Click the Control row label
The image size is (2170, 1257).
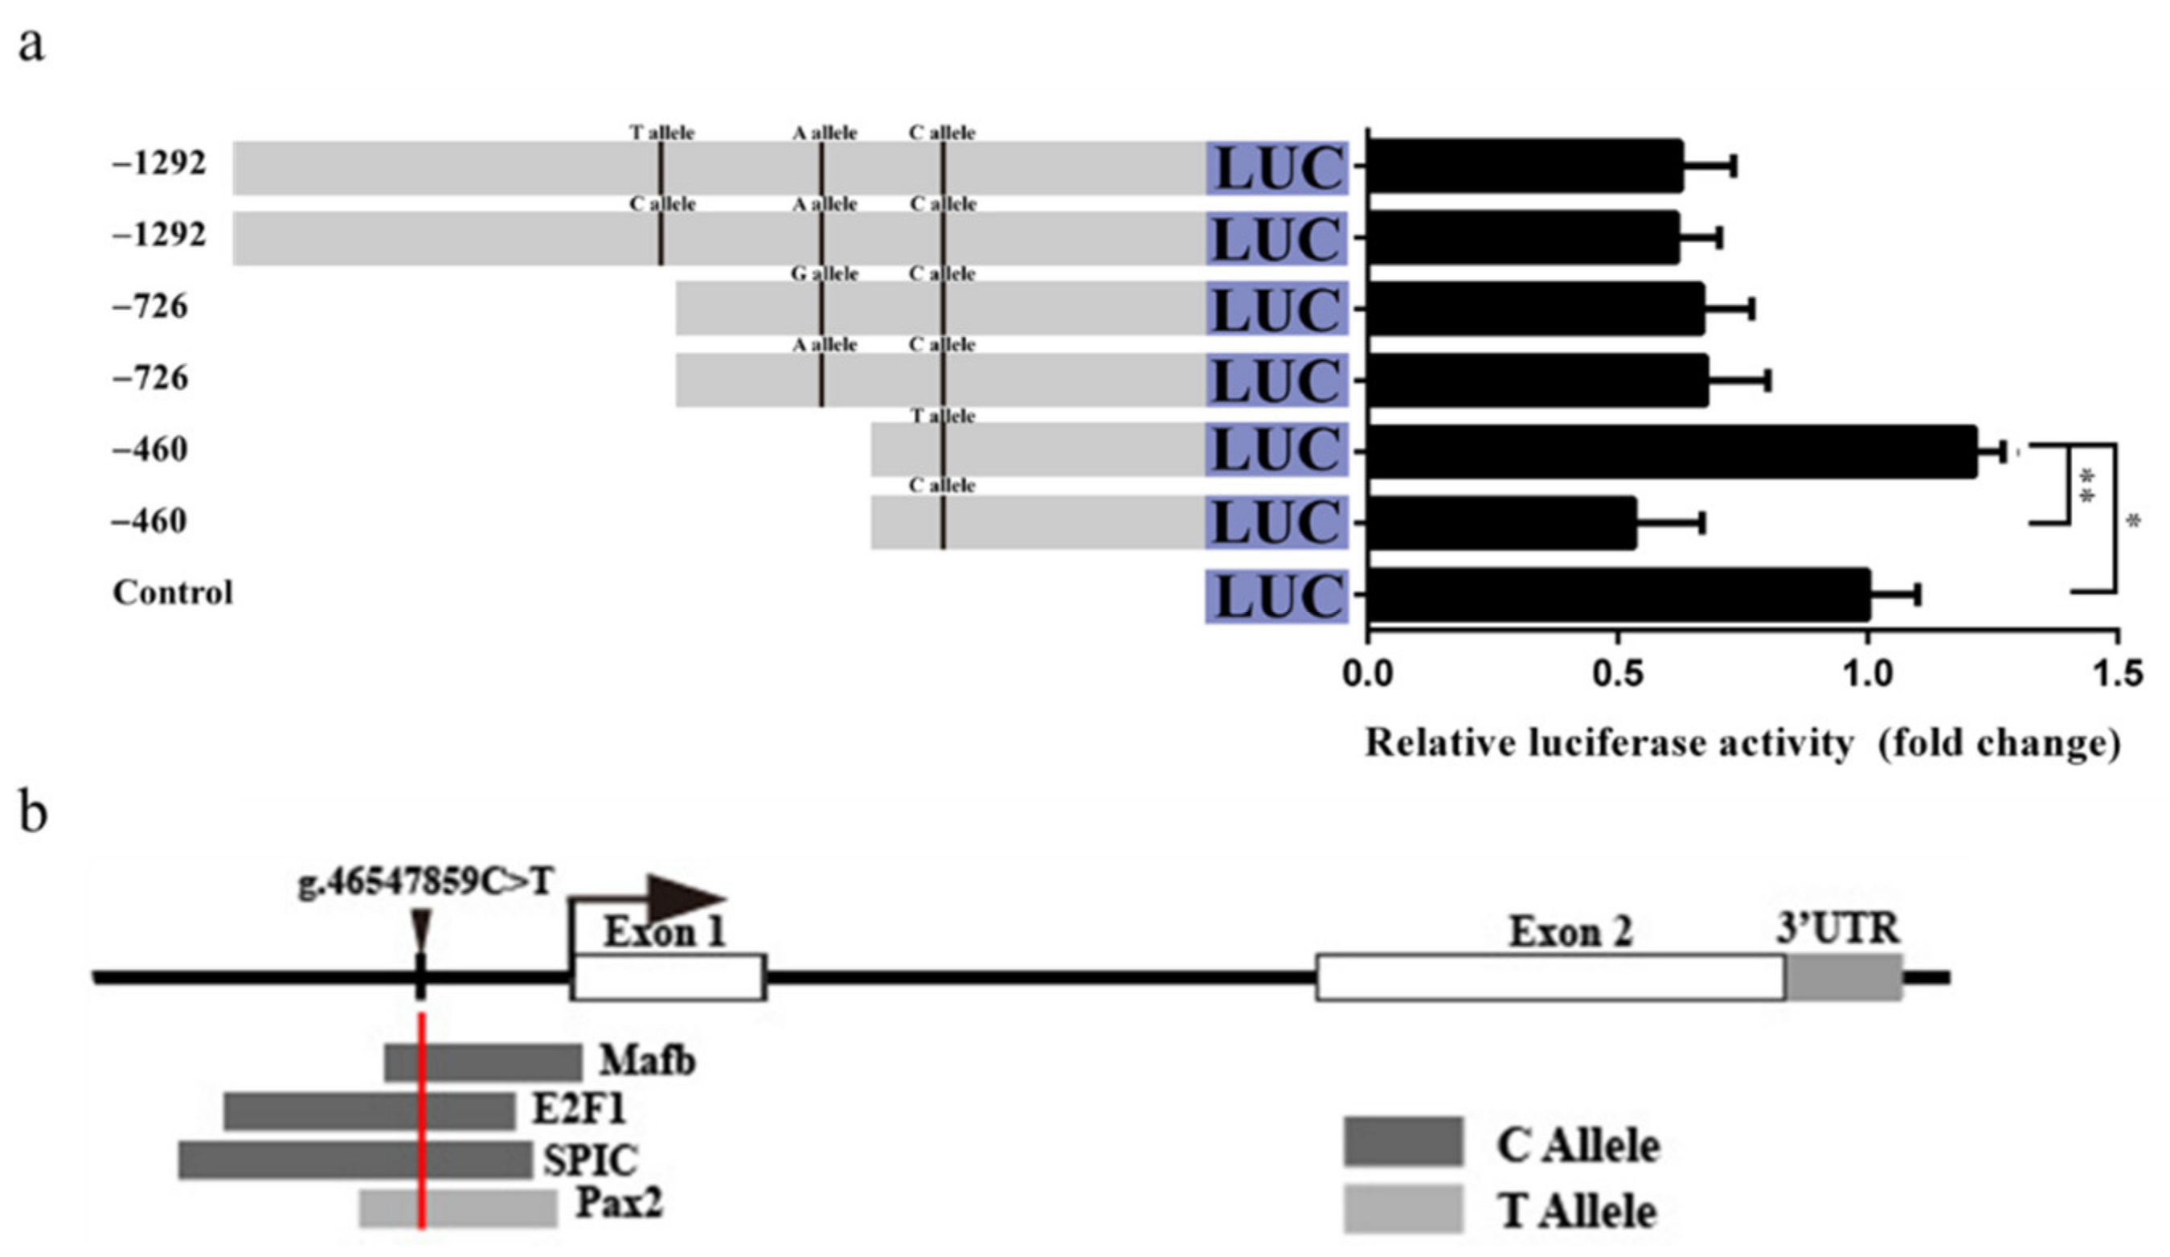[x=172, y=593]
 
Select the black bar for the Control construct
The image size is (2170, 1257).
[x=1618, y=594]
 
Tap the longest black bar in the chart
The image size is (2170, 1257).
[x=1672, y=451]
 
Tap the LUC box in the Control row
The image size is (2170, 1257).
[x=1277, y=596]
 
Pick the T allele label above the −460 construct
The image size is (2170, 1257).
[x=943, y=416]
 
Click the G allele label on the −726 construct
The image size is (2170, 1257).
[x=824, y=274]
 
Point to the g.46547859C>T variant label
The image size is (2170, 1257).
[x=425, y=883]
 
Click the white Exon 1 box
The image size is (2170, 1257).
[x=668, y=977]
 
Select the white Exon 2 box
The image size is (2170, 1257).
[x=1550, y=977]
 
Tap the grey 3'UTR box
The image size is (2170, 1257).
[x=1844, y=977]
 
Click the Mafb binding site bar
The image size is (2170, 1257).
[x=483, y=1062]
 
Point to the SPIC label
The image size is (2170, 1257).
[x=590, y=1160]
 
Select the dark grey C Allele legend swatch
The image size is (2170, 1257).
[x=1403, y=1143]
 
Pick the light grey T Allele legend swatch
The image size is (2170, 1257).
[x=1403, y=1210]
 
